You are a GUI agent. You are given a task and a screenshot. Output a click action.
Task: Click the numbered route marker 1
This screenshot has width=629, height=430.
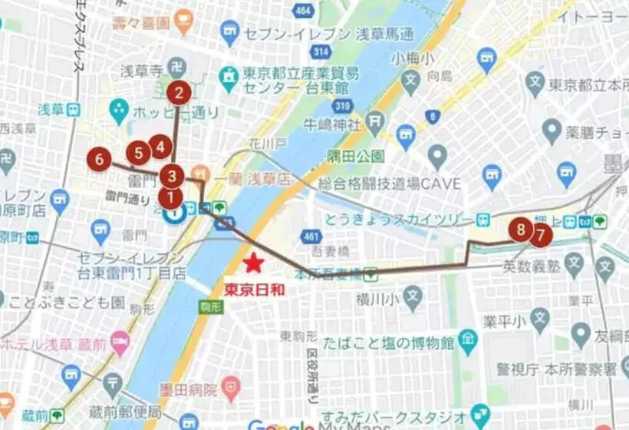[170, 197]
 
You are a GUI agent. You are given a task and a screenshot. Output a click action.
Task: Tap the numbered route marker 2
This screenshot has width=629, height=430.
[179, 94]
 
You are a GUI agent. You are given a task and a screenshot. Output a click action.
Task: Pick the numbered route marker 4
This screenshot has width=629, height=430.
[160, 145]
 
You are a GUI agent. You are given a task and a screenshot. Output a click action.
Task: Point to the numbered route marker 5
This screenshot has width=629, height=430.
[139, 153]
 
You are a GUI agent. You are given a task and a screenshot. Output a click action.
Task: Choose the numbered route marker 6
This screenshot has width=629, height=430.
[98, 160]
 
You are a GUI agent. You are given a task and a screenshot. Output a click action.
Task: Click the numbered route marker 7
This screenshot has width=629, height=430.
[540, 233]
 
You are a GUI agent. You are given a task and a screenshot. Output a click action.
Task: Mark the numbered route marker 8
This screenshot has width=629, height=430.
[522, 229]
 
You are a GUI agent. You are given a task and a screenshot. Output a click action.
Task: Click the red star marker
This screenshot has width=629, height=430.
[253, 264]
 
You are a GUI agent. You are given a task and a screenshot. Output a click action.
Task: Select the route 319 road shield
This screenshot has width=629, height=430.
[343, 106]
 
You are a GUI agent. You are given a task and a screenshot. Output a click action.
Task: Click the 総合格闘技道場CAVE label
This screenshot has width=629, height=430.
[390, 184]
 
